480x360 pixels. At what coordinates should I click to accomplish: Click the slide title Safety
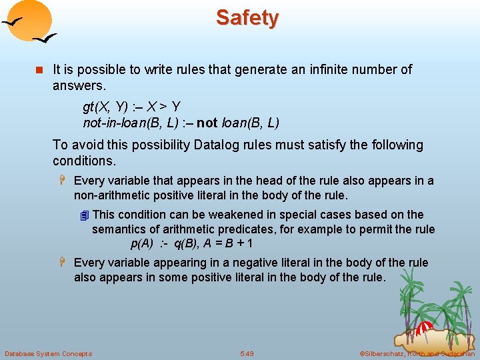[x=247, y=18]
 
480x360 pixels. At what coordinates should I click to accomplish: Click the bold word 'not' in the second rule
[x=207, y=123]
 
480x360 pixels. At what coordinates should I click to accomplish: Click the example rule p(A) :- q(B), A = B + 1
[x=191, y=244]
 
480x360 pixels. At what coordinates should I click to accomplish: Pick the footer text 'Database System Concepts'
[x=48, y=353]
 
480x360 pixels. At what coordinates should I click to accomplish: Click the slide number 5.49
[x=247, y=353]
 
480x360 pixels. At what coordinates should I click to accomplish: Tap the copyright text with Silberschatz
[x=417, y=353]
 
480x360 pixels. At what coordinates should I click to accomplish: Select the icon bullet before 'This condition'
[x=84, y=215]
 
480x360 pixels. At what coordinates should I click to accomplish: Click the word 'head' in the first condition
[x=284, y=180]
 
